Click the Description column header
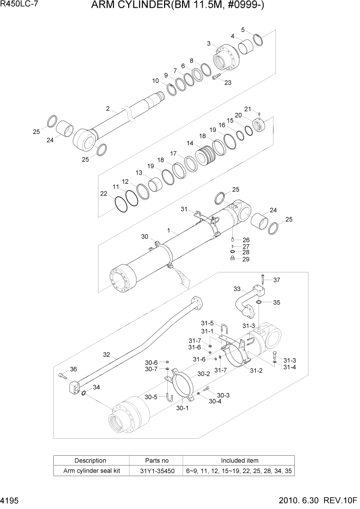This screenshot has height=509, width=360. [90, 460]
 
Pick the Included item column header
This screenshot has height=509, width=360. [239, 460]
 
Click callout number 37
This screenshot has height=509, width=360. [277, 280]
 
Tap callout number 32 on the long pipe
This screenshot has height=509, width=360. [106, 354]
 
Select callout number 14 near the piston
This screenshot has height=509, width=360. [190, 144]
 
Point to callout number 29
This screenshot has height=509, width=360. [246, 259]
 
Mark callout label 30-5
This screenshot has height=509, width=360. [150, 397]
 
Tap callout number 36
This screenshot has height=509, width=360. [73, 369]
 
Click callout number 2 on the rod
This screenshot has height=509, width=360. [108, 108]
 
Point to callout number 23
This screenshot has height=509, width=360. [228, 83]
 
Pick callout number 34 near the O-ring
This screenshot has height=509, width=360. [96, 387]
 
